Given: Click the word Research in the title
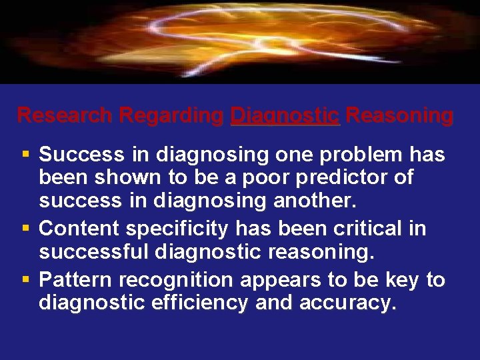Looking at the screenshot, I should point(65,115).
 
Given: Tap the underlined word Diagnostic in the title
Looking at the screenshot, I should point(285,115).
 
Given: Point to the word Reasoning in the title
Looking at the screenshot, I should point(399,115).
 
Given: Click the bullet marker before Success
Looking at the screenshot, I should point(25,155).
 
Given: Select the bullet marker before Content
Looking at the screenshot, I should point(25,229).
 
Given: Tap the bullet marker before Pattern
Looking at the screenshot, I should point(25,279).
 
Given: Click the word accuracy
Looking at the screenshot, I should point(348,304).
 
